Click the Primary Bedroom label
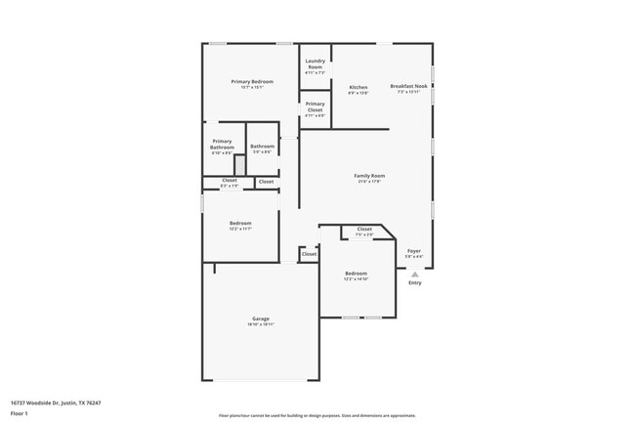pos(252,81)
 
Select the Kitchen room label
pos(359,87)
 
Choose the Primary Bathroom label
pos(222,144)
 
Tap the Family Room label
pos(369,176)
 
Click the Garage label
pos(261,318)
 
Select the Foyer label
pos(414,251)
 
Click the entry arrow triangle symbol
pos(414,275)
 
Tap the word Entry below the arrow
pos(414,283)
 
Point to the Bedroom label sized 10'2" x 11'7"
pos(240,224)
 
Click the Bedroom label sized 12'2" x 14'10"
pos(357,273)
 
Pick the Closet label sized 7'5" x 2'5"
pos(364,230)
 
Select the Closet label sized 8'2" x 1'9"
pos(230,180)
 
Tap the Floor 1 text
pos(19,412)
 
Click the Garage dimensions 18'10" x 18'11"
pos(261,324)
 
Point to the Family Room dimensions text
pos(369,181)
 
